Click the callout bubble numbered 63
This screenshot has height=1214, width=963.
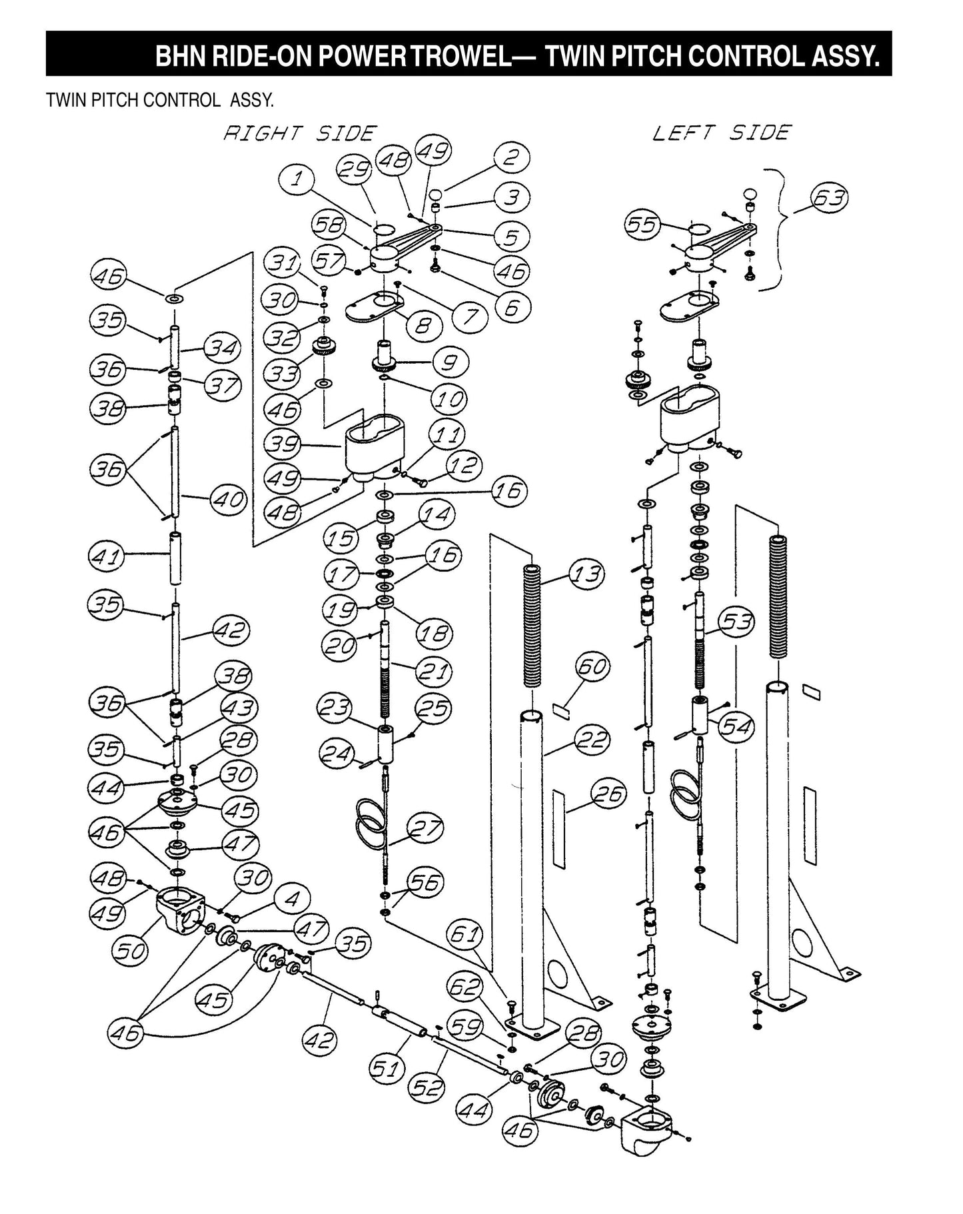point(829,199)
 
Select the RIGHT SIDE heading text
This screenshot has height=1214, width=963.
point(300,133)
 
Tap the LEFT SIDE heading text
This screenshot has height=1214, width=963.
point(721,133)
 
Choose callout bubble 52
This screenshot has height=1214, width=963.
point(427,1087)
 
